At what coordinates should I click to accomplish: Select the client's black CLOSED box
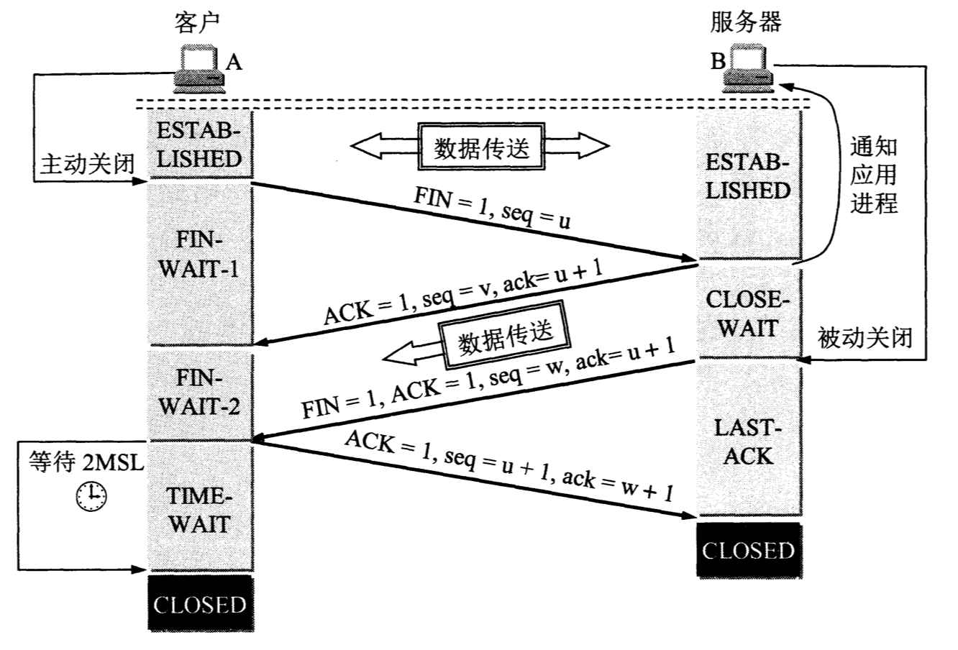[200, 605]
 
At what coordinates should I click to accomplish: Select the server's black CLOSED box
[749, 551]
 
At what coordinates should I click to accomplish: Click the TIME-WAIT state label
[199, 511]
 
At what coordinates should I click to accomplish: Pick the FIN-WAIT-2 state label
[199, 393]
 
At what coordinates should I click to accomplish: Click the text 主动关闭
[85, 164]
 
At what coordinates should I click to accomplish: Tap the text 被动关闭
[865, 336]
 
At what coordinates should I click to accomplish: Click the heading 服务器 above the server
[745, 22]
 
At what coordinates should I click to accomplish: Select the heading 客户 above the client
[197, 22]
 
